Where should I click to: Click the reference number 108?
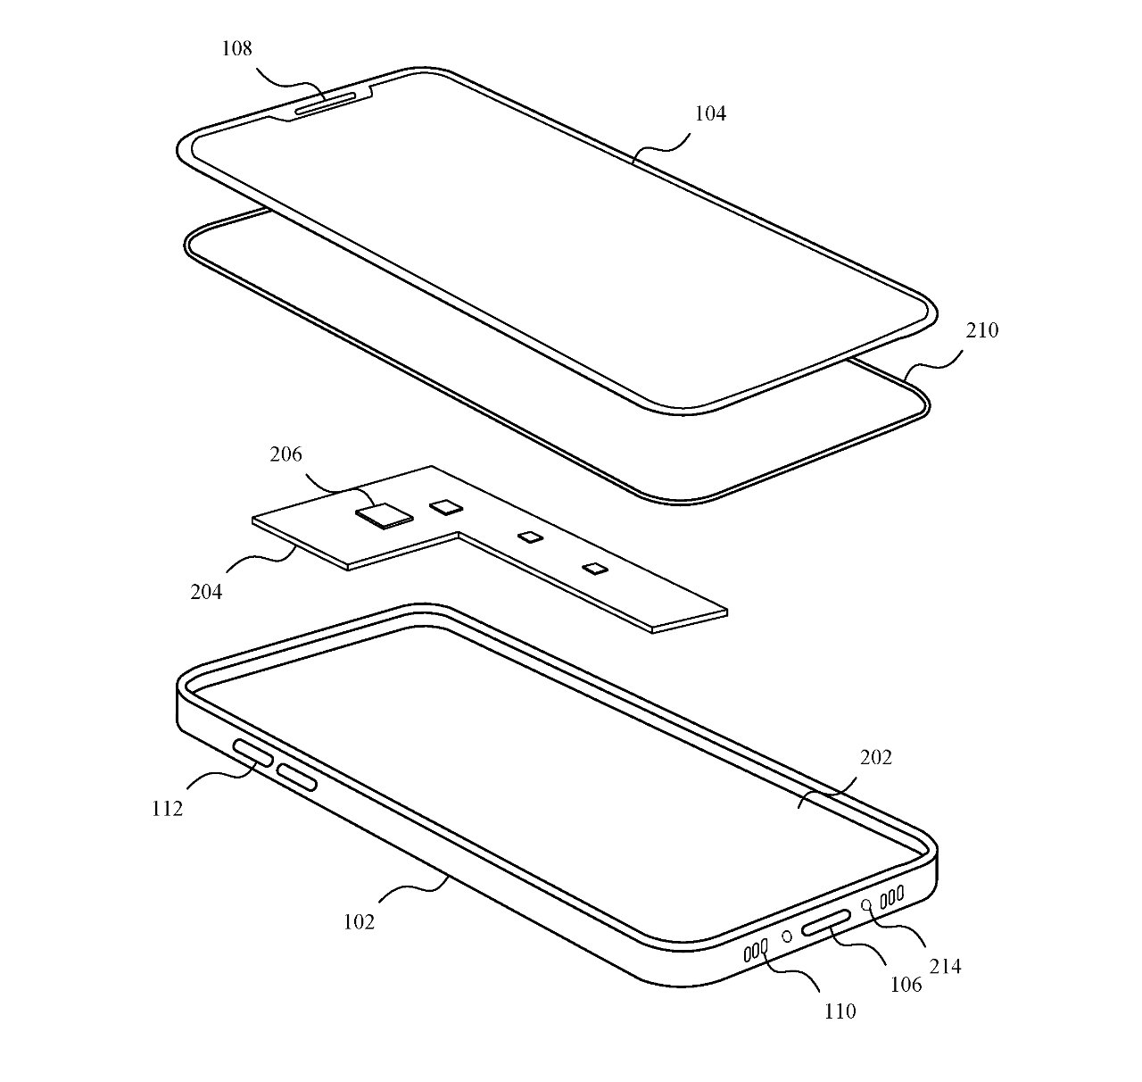click(x=237, y=49)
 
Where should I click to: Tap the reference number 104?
click(x=710, y=113)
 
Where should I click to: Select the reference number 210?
click(x=982, y=330)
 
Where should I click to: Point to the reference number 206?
click(x=286, y=455)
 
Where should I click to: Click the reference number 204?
click(x=206, y=591)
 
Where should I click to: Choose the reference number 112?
click(x=167, y=808)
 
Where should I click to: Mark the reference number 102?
click(x=359, y=921)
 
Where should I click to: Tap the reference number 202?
click(x=876, y=758)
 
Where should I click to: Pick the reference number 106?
click(x=906, y=985)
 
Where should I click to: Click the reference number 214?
click(x=946, y=965)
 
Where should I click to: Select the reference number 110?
click(x=840, y=1011)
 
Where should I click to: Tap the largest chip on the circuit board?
click(x=385, y=515)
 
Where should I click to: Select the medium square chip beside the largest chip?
click(x=446, y=506)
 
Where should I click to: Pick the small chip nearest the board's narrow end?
click(x=593, y=567)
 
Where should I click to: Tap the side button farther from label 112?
click(x=297, y=778)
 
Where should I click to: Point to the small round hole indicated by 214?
click(x=865, y=905)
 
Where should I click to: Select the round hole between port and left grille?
click(x=787, y=937)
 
